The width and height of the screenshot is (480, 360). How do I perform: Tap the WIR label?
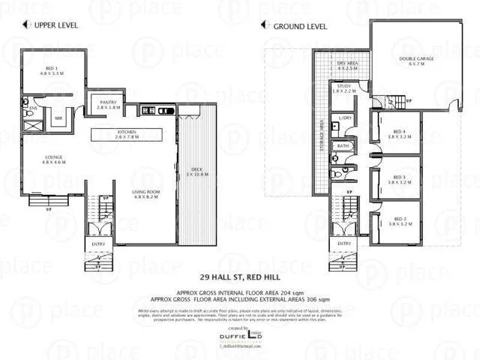[58, 118]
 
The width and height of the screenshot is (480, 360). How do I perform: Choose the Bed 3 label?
[399, 178]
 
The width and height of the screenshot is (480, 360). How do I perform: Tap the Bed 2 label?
[399, 221]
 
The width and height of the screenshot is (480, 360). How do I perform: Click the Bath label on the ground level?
[343, 145]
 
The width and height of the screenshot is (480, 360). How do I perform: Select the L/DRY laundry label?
[346, 118]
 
